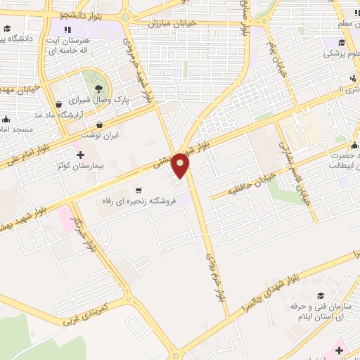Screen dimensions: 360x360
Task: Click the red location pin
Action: point(181,166)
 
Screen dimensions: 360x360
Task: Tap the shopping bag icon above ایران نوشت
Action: point(101,124)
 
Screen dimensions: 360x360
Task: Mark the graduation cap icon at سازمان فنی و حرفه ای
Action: point(321,296)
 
